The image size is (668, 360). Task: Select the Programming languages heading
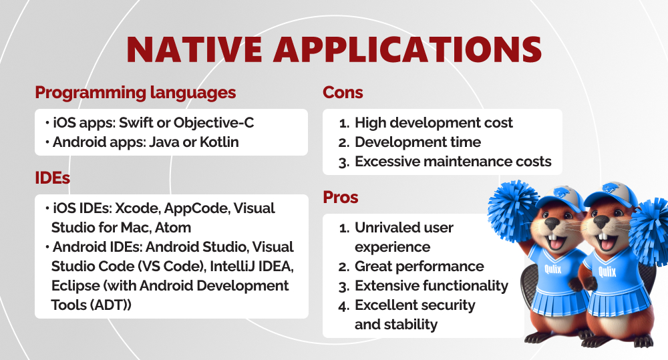pyautogui.click(x=135, y=93)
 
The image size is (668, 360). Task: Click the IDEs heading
pyautogui.click(x=52, y=178)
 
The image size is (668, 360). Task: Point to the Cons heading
pyautogui.click(x=343, y=93)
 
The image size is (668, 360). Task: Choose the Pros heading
pyautogui.click(x=341, y=198)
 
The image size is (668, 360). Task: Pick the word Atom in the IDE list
pyautogui.click(x=176, y=227)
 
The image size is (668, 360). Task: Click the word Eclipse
pyautogui.click(x=75, y=285)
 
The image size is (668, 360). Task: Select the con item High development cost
pyautogui.click(x=434, y=123)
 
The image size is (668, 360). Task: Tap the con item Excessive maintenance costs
pyautogui.click(x=453, y=162)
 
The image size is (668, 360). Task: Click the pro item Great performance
pyautogui.click(x=419, y=266)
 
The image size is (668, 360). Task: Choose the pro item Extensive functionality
pyautogui.click(x=431, y=286)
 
